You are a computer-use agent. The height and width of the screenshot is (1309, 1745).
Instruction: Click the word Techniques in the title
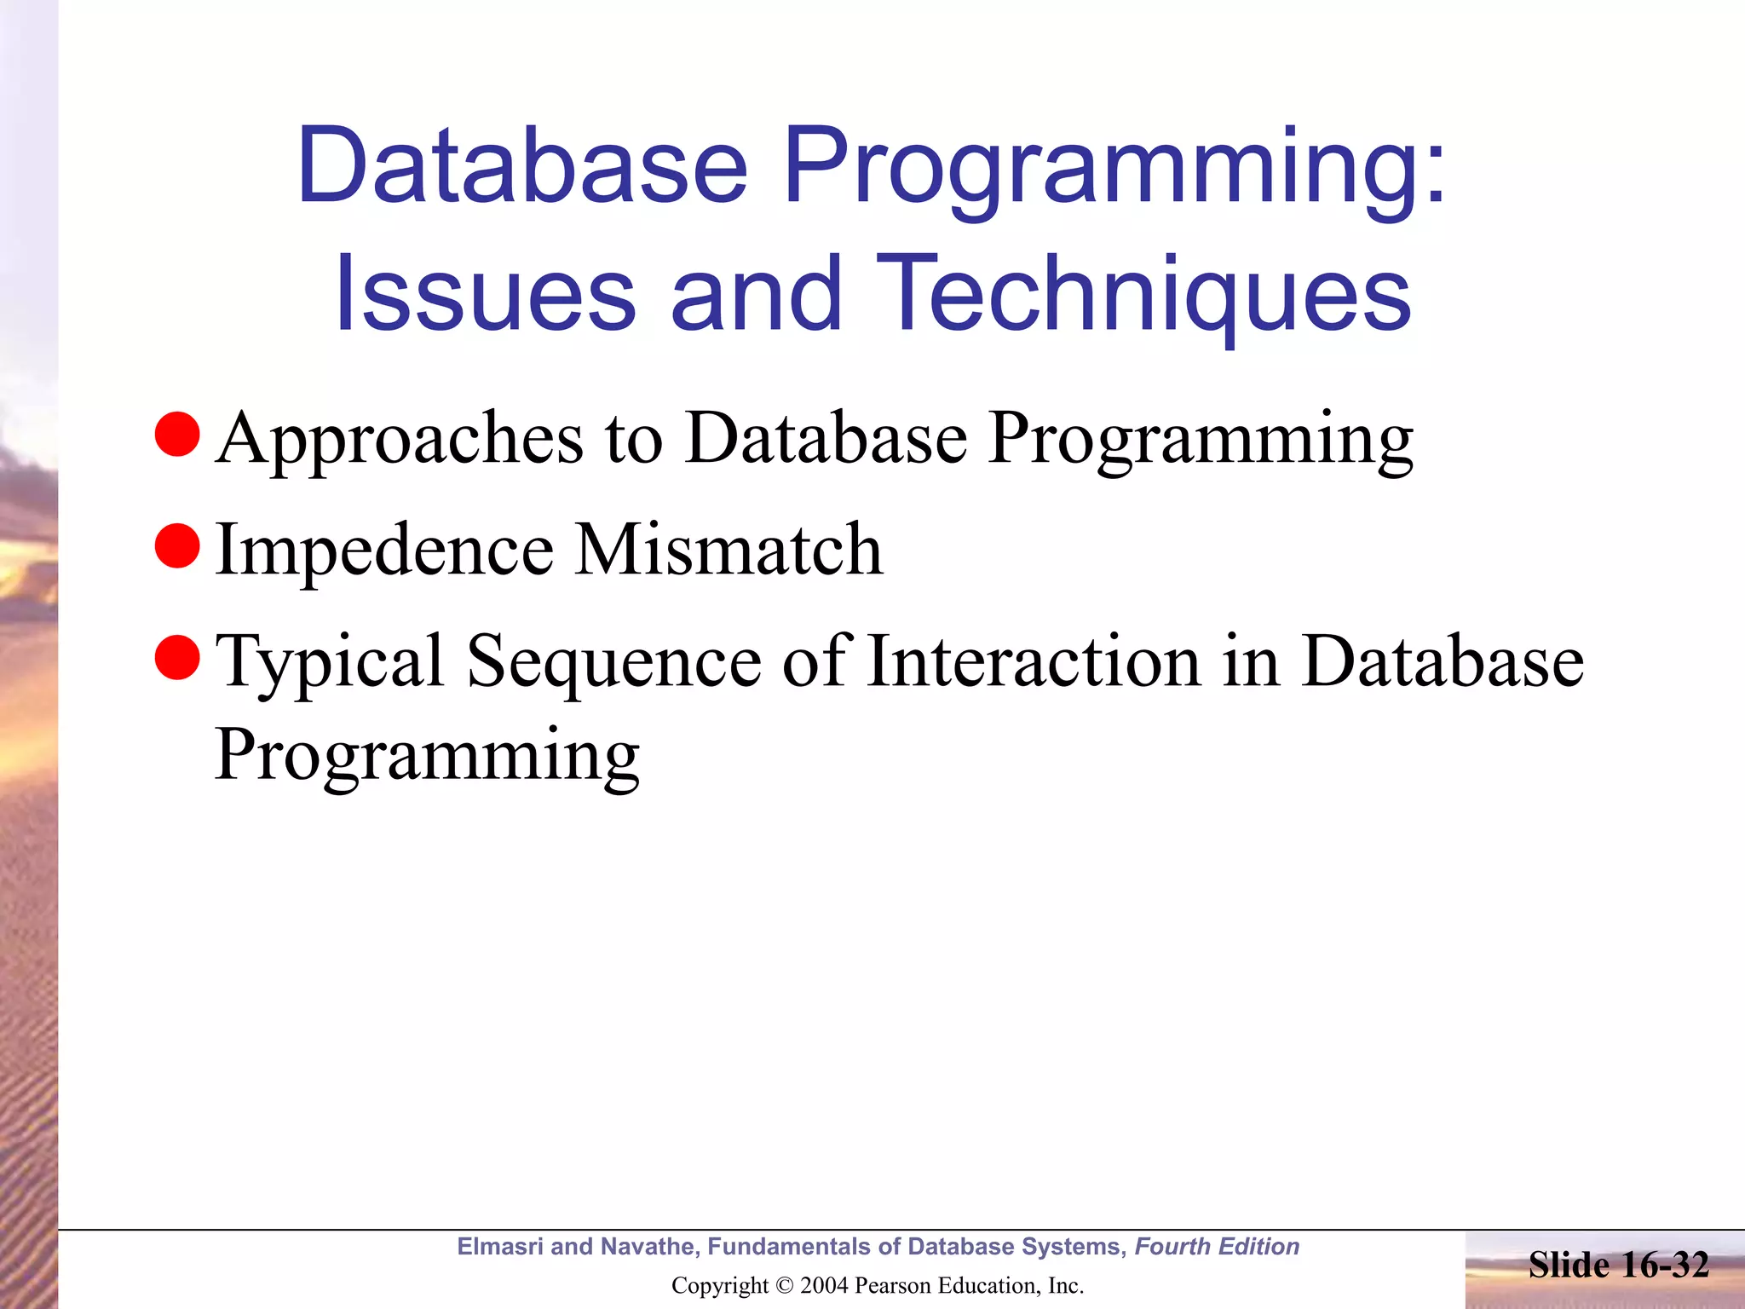pos(1143,295)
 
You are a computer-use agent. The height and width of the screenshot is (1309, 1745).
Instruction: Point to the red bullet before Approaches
pos(177,434)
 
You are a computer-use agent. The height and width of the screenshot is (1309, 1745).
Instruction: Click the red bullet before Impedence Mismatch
pos(177,545)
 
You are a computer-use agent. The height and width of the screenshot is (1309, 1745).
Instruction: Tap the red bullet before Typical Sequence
pos(177,658)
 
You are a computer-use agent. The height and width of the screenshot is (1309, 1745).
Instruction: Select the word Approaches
pos(400,440)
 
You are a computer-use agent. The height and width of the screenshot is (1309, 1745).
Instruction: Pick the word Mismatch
pos(729,550)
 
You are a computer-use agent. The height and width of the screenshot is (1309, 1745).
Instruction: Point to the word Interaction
pos(1033,661)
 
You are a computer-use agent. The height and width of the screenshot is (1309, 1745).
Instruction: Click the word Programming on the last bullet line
pos(427,757)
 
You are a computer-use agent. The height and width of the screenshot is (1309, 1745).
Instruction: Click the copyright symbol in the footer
pos(784,1286)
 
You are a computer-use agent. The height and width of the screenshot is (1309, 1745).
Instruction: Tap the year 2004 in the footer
pos(823,1286)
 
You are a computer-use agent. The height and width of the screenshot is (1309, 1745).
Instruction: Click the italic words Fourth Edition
pos(1217,1247)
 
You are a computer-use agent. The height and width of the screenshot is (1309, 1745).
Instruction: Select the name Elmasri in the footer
pos(499,1247)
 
